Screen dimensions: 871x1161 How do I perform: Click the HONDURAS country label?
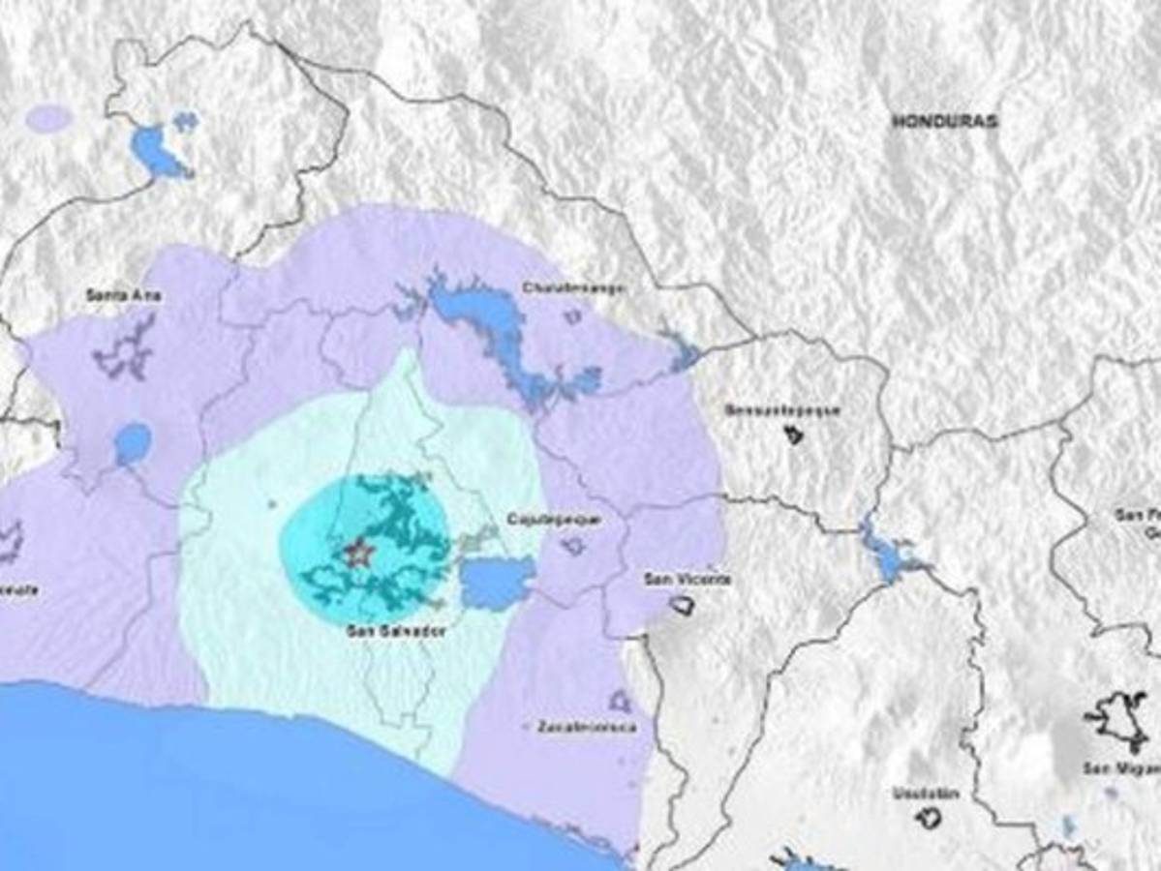point(944,122)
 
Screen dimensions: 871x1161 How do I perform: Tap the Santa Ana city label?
point(124,295)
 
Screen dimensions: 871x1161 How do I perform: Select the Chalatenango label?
point(573,287)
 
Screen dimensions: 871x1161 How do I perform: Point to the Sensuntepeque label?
point(782,410)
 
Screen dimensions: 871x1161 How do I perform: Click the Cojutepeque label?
point(554,520)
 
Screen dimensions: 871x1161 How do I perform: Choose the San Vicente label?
point(687,579)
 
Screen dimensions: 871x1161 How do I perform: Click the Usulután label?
point(927,794)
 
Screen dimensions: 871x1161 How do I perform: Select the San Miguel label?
point(1121,768)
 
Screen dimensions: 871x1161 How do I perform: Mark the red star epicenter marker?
point(359,554)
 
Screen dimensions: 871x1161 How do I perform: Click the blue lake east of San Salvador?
point(496,584)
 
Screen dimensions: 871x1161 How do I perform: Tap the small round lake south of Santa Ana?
point(133,443)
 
